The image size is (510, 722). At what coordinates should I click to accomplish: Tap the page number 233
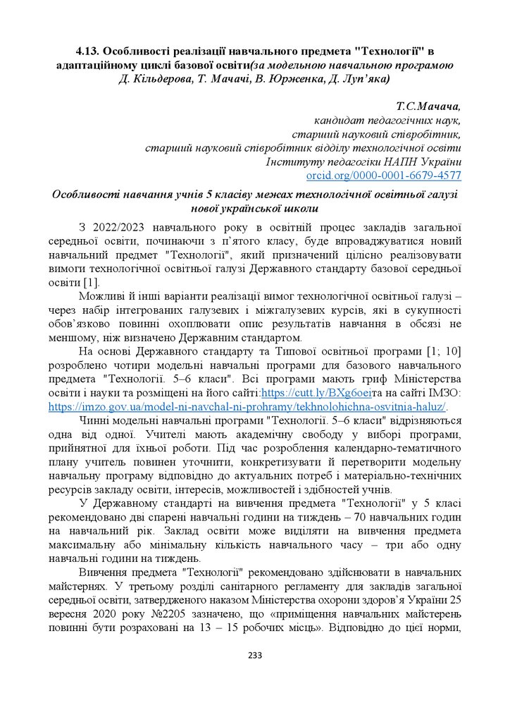click(255, 656)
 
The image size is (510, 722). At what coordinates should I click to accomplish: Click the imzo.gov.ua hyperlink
click(247, 407)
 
